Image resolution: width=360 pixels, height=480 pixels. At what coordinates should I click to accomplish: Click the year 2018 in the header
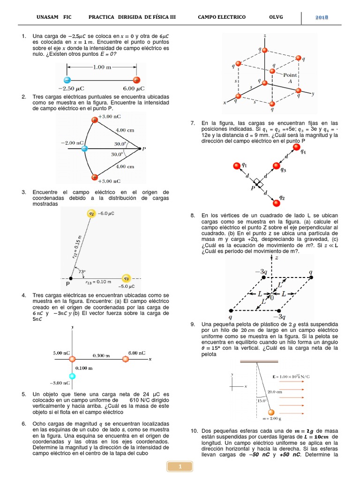tap(321, 17)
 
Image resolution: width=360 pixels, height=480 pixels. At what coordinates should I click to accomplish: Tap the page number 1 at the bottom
tap(180, 465)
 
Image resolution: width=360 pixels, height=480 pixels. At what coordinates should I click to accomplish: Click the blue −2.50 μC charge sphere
tap(67, 79)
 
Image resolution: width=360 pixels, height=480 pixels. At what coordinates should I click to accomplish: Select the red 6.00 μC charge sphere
tap(136, 79)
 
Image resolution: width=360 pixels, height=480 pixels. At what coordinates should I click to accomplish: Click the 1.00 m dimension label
tap(102, 67)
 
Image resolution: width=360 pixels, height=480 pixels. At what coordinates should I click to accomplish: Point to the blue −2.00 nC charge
tap(84, 149)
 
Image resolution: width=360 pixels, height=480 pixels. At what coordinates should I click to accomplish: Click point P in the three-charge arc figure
tap(140, 149)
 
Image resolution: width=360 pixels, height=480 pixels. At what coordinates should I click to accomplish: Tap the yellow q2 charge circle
tap(91, 214)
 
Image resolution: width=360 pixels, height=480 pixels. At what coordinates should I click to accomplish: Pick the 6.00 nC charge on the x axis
tap(125, 359)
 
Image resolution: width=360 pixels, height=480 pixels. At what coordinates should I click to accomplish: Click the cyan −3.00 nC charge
tap(72, 376)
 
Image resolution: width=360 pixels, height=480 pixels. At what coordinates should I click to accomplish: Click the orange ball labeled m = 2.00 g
tap(270, 412)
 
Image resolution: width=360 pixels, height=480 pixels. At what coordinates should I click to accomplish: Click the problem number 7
tap(192, 123)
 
